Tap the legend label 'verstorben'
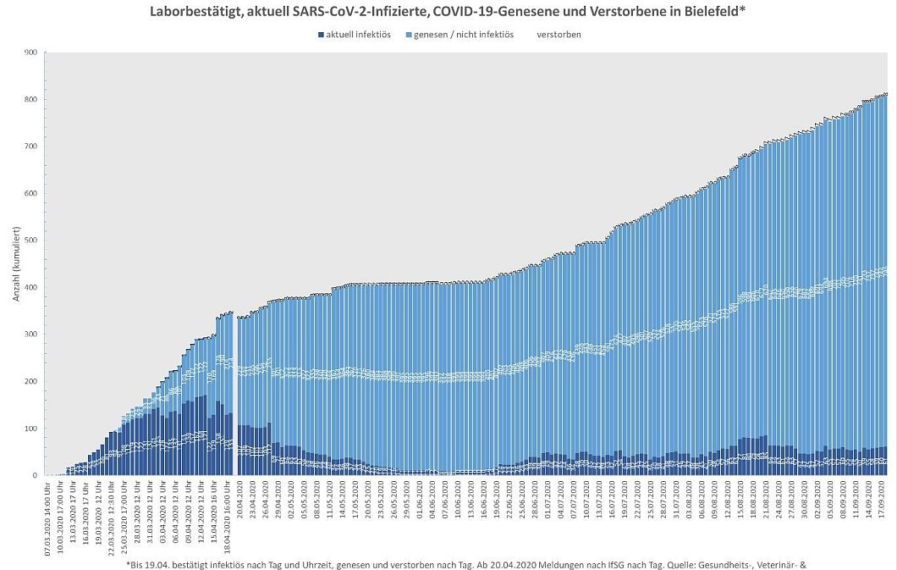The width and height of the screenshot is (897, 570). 559,35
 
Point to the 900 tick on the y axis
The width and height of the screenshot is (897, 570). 30,53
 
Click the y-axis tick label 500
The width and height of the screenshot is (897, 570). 30,241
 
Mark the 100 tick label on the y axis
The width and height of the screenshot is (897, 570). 30,429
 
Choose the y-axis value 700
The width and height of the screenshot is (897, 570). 30,147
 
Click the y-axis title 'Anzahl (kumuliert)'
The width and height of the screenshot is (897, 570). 14,264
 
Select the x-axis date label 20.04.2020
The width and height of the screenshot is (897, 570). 240,501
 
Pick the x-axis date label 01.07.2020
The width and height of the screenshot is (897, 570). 549,501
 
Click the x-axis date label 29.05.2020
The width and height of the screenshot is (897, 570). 407,501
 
